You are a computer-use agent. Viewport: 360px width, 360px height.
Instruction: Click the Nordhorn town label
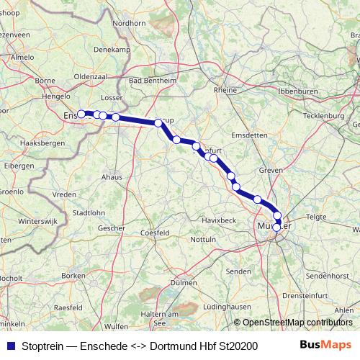point(130,23)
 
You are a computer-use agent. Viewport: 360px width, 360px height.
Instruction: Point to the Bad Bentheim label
point(150,81)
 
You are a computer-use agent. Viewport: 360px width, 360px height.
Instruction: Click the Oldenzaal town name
point(90,75)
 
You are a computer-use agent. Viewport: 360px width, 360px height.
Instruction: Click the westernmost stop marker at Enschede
point(81,113)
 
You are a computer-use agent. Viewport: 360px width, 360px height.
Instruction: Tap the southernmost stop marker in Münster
point(276,228)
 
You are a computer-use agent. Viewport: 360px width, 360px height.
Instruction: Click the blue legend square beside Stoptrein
point(10,346)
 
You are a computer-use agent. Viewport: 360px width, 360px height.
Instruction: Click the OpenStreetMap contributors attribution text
point(293,323)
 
